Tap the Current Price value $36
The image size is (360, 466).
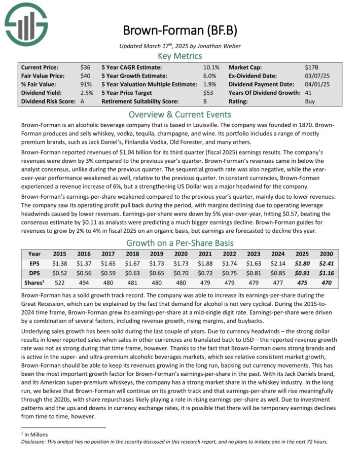tap(85, 67)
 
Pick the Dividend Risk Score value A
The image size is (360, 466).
tap(82, 101)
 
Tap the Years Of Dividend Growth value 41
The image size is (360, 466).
tap(308, 93)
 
